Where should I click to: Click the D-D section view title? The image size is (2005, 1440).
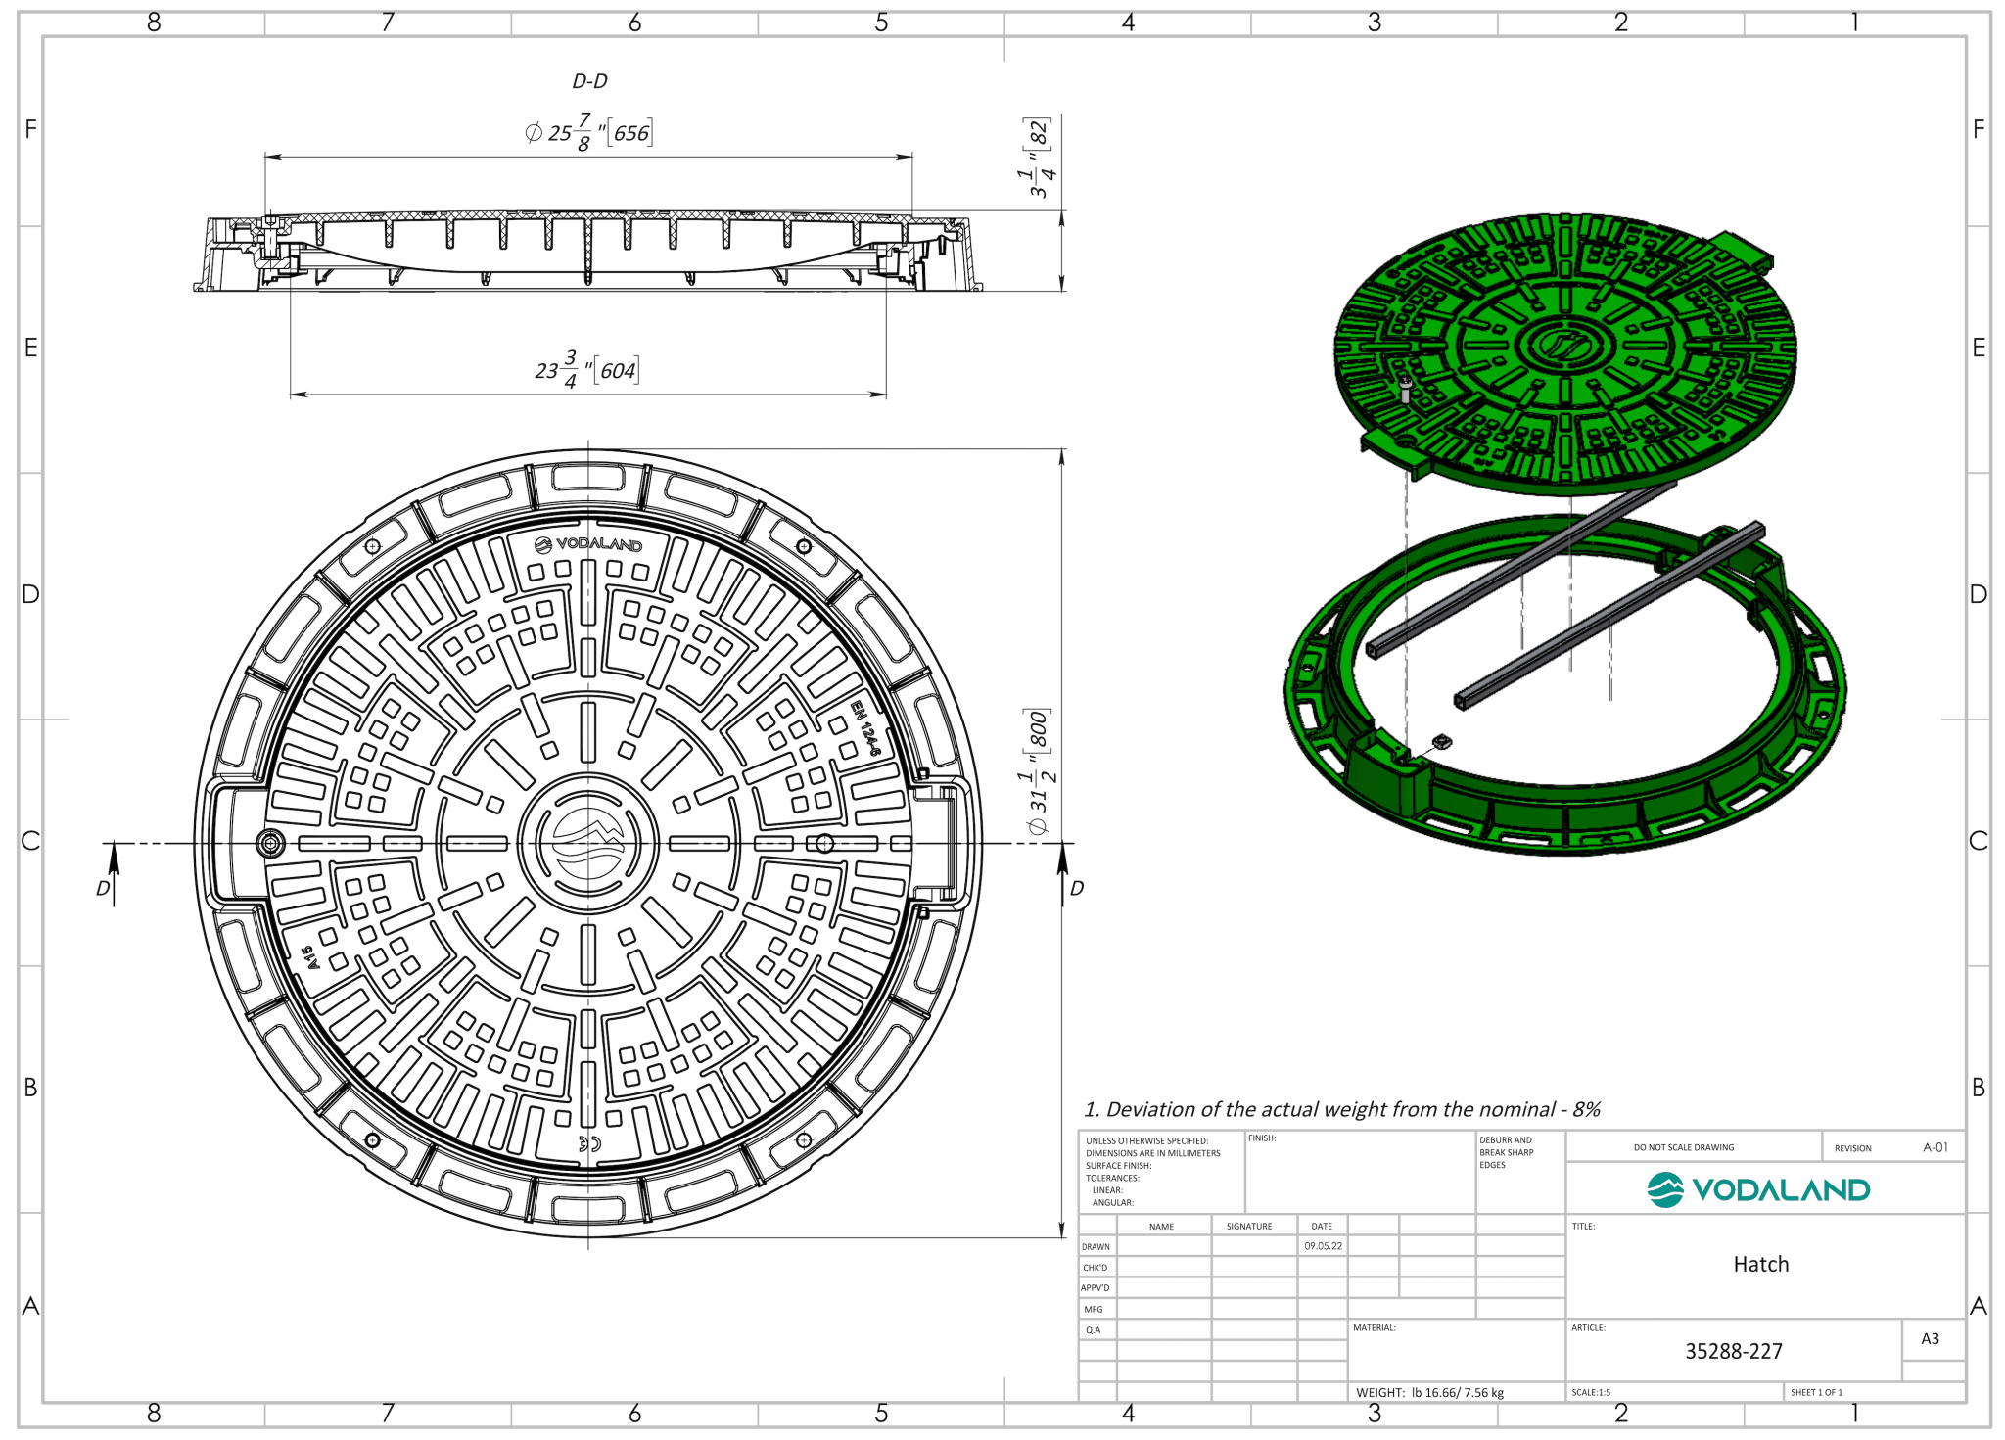(589, 81)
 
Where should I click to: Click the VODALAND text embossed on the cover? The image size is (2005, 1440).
(589, 544)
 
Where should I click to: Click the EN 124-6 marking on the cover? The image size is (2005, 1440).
(864, 727)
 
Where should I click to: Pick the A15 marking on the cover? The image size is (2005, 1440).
(309, 956)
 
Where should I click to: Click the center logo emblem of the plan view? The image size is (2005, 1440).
(587, 843)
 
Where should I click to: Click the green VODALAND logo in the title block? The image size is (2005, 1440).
(1759, 1189)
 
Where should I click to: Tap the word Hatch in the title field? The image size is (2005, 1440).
(1760, 1264)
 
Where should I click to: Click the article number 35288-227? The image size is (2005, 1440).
(1733, 1351)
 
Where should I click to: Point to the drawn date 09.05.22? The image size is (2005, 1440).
(1323, 1246)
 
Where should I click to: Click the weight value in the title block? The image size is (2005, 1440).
(1456, 1392)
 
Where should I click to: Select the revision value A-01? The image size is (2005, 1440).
(1935, 1147)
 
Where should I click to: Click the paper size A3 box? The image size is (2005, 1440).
(1930, 1338)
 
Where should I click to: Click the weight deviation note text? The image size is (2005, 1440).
(1341, 1109)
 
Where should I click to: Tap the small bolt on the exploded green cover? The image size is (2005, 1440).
(1406, 389)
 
